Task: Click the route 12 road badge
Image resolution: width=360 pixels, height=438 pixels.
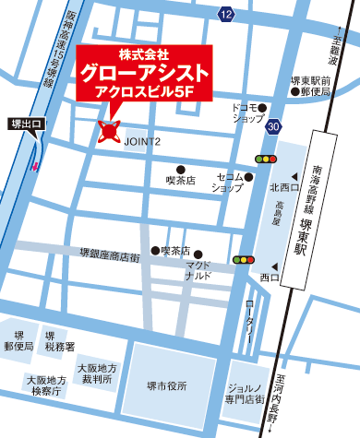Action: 227,13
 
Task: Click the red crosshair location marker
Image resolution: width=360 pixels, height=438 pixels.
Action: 110,132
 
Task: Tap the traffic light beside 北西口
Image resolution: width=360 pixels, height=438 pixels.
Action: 268,160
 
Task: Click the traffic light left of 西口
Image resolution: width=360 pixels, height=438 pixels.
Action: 244,260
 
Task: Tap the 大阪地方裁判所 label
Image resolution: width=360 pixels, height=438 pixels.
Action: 96,373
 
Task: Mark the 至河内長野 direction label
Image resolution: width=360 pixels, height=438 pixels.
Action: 271,394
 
